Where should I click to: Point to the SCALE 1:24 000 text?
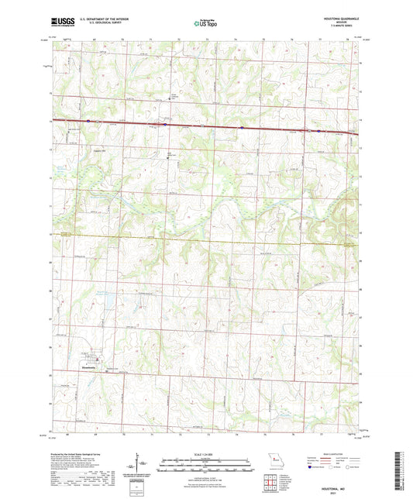205,453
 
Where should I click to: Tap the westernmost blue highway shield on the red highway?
89,121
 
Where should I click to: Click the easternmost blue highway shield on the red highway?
320,130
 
